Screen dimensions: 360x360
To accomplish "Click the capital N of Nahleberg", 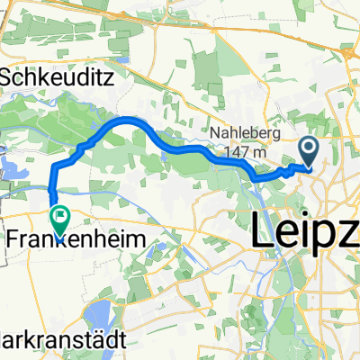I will [218, 135].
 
